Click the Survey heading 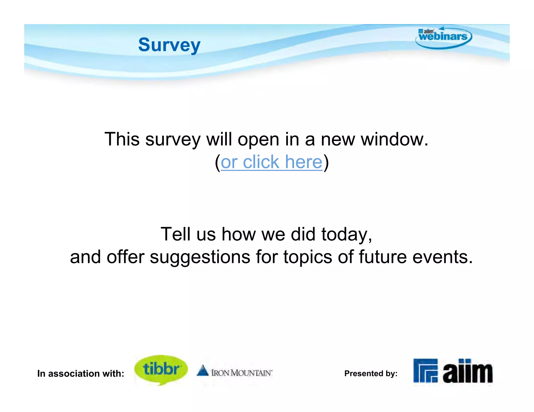pos(169,45)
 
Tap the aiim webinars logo pos(443,37)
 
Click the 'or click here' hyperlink pos(271,162)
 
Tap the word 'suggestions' pos(200,257)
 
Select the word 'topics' pos(308,257)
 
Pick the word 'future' pos(383,257)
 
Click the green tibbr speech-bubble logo pos(161,369)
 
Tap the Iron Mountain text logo pos(241,373)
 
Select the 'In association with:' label pos(81,373)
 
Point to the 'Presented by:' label pos(371,373)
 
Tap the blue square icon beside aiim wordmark pos(425,371)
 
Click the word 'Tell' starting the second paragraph pos(175,234)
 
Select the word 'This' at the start pos(122,139)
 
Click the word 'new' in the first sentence pos(338,139)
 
